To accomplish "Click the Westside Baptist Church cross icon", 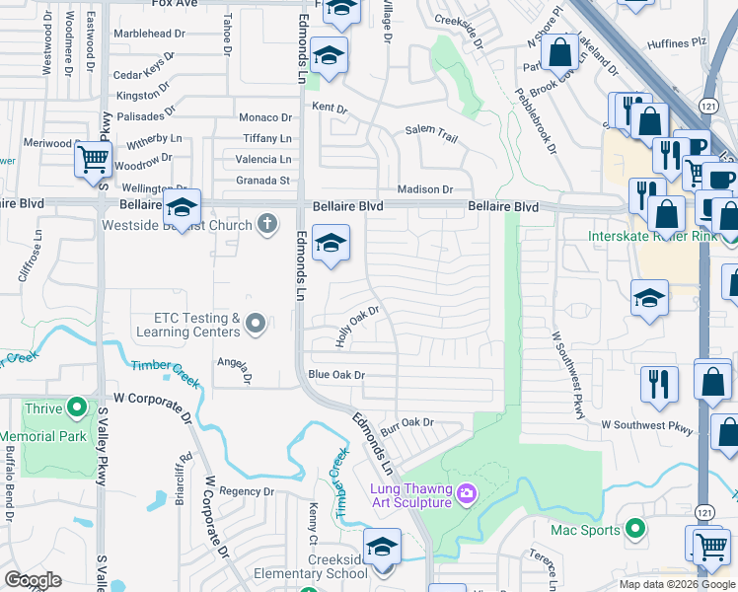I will point(265,224).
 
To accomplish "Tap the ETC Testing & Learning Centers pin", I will point(256,323).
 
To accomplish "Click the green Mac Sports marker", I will point(636,529).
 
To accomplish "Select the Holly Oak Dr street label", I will point(357,326).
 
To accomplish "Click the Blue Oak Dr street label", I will point(336,375).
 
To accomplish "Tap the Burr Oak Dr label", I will point(407,422).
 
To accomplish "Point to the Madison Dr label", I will point(424,189).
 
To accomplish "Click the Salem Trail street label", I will point(432,134).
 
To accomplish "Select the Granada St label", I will point(262,181).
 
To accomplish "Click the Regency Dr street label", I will point(246,491).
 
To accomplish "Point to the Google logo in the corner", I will point(33,580).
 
